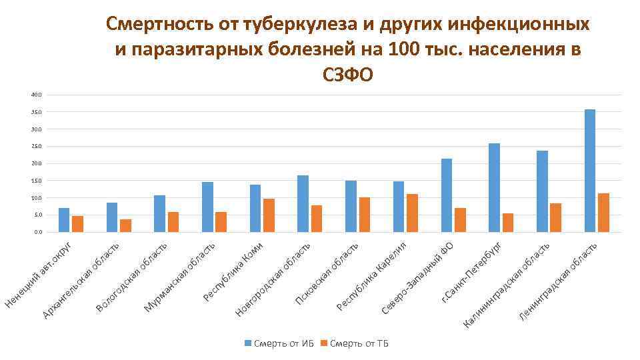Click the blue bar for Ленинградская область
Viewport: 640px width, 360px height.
[x=589, y=171]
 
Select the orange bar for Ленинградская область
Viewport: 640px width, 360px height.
[x=603, y=213]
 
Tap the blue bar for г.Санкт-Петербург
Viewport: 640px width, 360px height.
[x=494, y=187]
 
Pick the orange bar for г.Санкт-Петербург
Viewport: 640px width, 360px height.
[x=508, y=223]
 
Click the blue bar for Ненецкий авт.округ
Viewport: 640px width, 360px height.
[x=64, y=220]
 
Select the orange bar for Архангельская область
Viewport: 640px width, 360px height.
[x=126, y=225]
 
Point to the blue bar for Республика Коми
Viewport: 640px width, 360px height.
[x=255, y=208]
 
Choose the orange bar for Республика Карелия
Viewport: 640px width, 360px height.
[x=412, y=213]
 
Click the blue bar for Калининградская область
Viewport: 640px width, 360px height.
[x=542, y=191]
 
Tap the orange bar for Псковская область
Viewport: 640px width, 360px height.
[x=365, y=215]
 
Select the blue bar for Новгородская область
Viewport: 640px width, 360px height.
[x=303, y=203]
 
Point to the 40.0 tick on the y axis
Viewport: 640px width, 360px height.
[x=36, y=95]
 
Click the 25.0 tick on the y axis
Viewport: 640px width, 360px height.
[x=36, y=146]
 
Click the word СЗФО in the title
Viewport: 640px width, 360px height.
[x=347, y=75]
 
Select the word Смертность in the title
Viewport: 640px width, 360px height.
[x=157, y=25]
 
